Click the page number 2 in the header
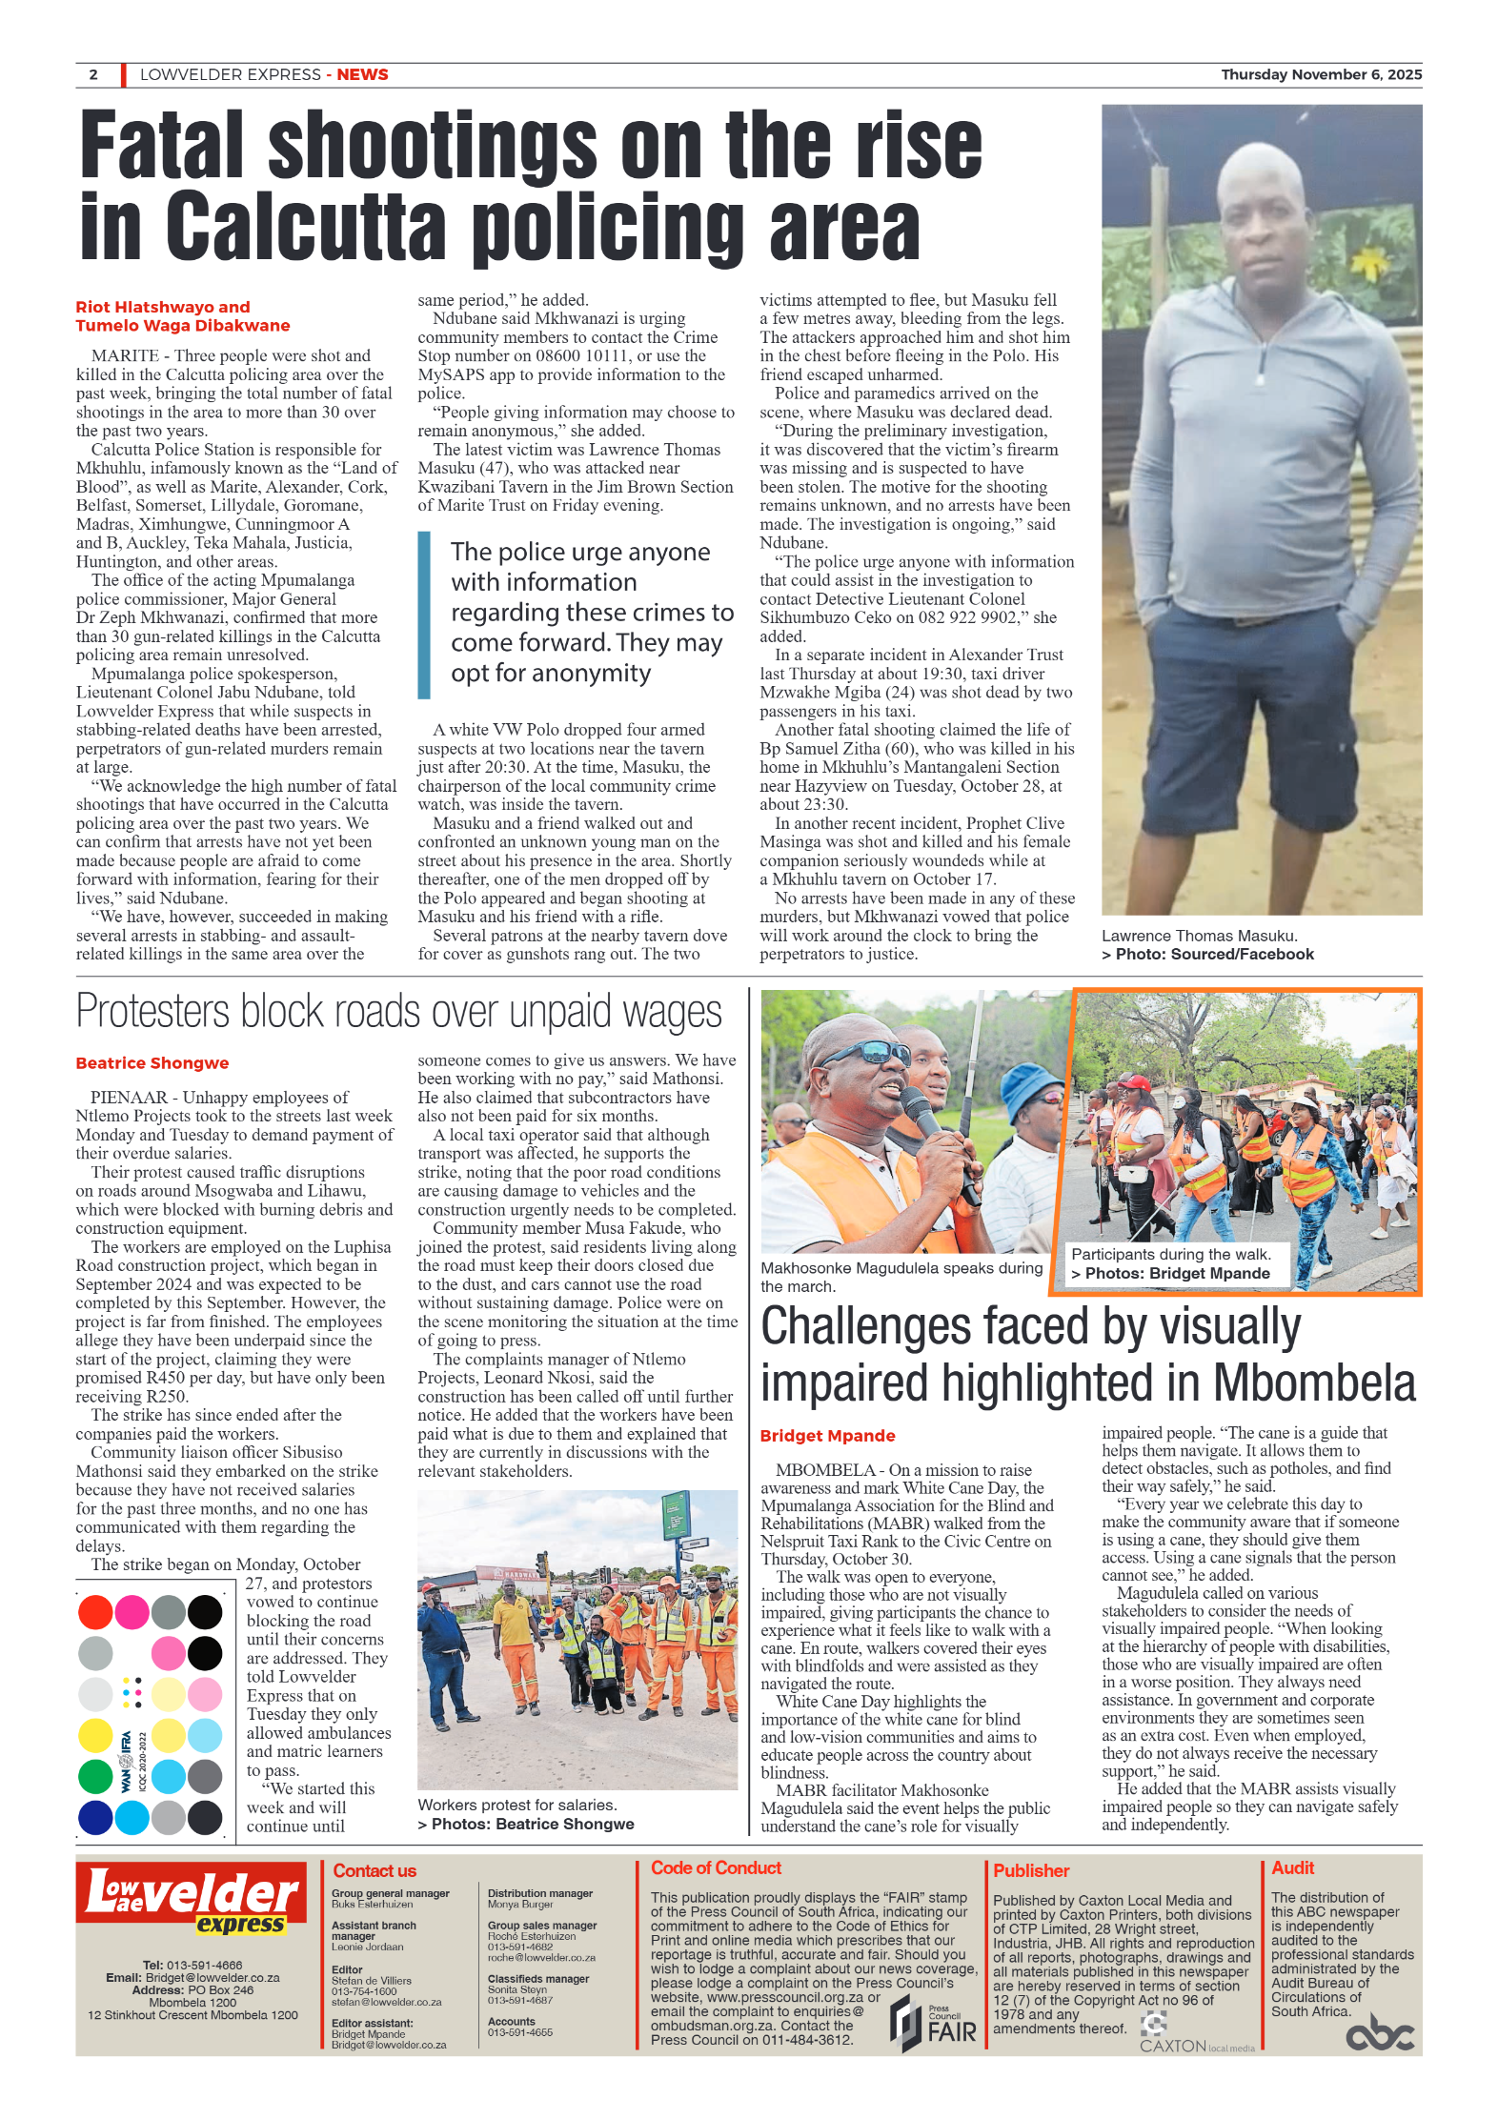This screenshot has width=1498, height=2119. (93, 74)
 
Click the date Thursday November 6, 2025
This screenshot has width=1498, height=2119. (1321, 74)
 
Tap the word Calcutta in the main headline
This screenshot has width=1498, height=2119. (305, 228)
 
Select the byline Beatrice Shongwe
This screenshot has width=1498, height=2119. (152, 1063)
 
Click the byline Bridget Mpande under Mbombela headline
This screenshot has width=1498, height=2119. (827, 1436)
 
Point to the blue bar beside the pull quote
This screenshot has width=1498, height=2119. (424, 615)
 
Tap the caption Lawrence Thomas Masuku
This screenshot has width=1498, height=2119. (1199, 936)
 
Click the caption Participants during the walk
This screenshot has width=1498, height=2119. (1170, 1255)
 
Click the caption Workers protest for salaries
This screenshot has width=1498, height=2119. (516, 1805)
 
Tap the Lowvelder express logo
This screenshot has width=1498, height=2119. (192, 1900)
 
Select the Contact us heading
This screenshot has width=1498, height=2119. (374, 1871)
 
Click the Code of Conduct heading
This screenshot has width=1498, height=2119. (716, 1868)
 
